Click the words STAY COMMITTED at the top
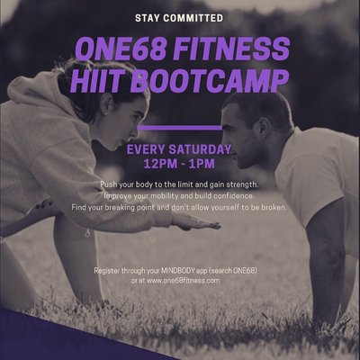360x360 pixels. [x=179, y=17]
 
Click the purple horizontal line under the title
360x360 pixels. [x=179, y=128]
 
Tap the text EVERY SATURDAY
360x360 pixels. [x=179, y=148]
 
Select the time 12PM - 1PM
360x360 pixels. [x=179, y=165]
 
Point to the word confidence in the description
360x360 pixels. [x=229, y=195]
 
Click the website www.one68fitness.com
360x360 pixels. [x=185, y=281]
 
